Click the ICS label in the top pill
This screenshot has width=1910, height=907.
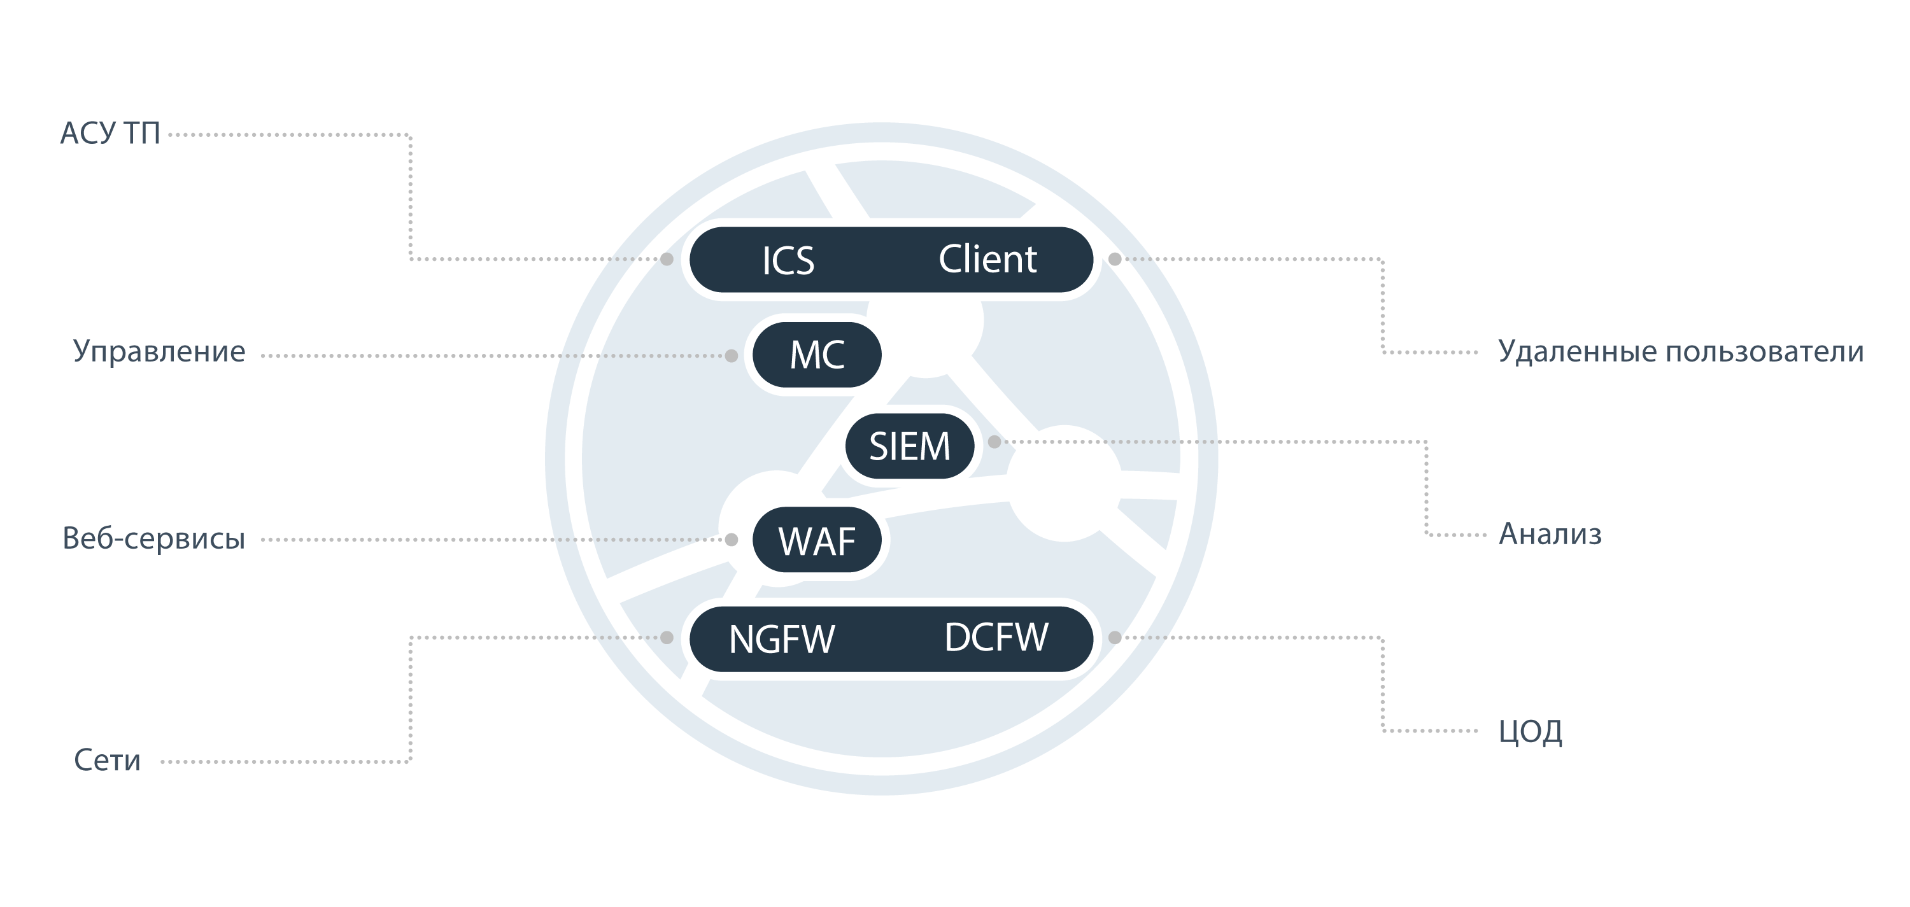coord(788,260)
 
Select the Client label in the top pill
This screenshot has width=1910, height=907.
coord(987,259)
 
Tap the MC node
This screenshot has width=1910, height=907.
coord(817,355)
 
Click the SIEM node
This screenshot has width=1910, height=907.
coord(910,446)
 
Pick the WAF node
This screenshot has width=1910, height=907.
coord(817,540)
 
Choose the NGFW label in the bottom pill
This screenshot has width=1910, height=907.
coord(782,639)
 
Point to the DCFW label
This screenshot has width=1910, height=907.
coord(996,637)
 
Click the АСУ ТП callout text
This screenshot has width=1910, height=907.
coord(110,134)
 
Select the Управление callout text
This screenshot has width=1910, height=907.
coord(159,351)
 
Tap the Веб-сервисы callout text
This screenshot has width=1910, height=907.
coord(153,538)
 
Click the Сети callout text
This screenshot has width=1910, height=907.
coord(108,760)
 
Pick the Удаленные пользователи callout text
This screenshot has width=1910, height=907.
coord(1681,351)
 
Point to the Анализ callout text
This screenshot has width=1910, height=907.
coord(1550,533)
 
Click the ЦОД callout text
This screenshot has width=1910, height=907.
coord(1531,731)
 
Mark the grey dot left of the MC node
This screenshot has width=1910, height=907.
coord(732,356)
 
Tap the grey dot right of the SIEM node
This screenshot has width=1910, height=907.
coord(994,442)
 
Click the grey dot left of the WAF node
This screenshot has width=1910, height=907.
coord(732,540)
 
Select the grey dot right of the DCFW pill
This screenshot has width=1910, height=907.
coord(1114,637)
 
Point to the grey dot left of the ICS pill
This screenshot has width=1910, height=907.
coord(667,259)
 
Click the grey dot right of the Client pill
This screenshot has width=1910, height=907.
coord(1114,259)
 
